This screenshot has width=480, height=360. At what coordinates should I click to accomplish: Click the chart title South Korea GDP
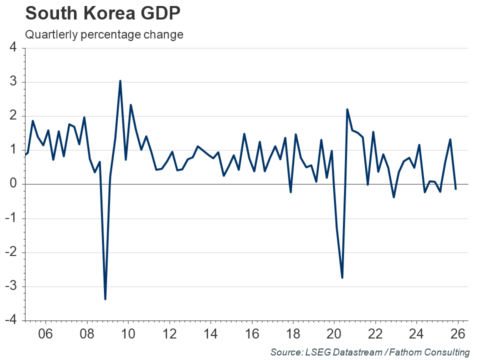(102, 13)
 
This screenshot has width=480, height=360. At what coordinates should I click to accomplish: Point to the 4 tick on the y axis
(13, 48)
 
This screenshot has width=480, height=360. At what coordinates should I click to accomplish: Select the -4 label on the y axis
(11, 320)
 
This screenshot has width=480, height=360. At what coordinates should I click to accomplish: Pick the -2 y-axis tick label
(11, 252)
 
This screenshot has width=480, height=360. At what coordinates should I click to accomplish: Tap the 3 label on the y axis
(13, 82)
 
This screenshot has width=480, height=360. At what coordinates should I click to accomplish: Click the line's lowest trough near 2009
(105, 299)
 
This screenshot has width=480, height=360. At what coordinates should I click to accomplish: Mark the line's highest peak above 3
(120, 81)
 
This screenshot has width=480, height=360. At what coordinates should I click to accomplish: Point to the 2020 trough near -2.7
(342, 277)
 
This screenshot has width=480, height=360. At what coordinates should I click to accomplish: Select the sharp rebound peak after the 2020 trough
(347, 109)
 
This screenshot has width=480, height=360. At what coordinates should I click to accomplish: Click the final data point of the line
(455, 189)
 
